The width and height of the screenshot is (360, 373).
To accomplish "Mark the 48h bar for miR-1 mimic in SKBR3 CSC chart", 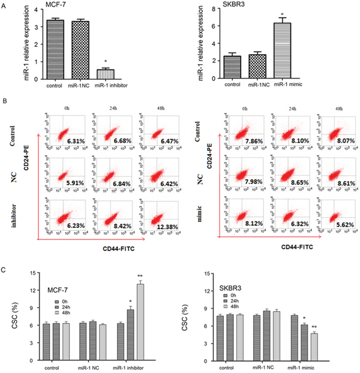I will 314,344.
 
